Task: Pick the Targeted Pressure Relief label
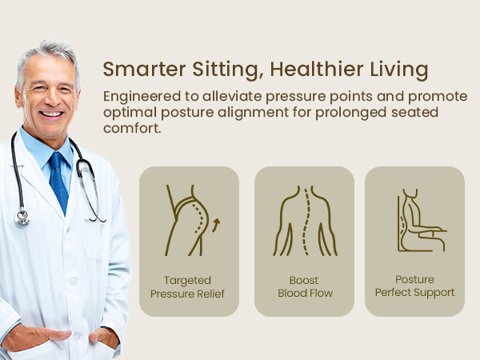coord(188,286)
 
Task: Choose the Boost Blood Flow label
coord(304,286)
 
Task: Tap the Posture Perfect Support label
coord(414,286)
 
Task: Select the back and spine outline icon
coord(304,220)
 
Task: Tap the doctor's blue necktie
coord(58,180)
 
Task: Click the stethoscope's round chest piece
coord(22,216)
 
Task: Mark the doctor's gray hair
coord(48,52)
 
